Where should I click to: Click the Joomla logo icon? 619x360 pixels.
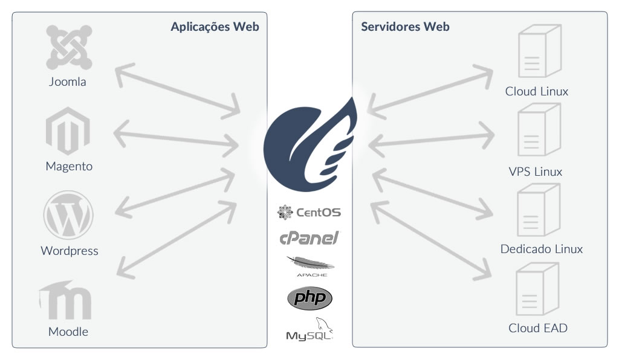[x=69, y=47]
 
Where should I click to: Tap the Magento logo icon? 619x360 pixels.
[x=68, y=130]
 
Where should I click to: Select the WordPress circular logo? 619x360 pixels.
[x=68, y=215]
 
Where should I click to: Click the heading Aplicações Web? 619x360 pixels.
[x=215, y=27]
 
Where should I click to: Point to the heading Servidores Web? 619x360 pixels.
[x=405, y=27]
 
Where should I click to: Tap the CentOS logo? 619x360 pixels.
[x=309, y=212]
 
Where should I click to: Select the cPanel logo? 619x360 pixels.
[x=309, y=237]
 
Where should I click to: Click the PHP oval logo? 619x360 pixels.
[x=309, y=298]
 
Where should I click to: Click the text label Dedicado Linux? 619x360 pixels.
[x=542, y=249]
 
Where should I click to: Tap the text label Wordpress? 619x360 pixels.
[x=69, y=251]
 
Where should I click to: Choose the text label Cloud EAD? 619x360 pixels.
[x=538, y=329]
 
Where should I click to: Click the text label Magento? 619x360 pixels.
[x=69, y=166]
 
